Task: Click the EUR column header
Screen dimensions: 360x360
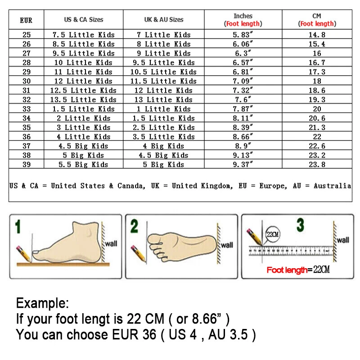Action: pyautogui.click(x=26, y=20)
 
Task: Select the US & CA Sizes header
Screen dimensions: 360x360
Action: pyautogui.click(x=83, y=20)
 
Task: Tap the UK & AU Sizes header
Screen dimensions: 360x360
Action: pyautogui.click(x=164, y=20)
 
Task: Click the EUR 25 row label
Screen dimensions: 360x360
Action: pyautogui.click(x=27, y=35)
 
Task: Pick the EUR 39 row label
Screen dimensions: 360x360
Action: pyautogui.click(x=27, y=165)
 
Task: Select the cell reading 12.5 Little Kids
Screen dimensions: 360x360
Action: pyautogui.click(x=83, y=90)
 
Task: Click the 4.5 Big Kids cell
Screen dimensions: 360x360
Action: pyautogui.click(x=83, y=146)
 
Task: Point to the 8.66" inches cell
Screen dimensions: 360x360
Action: pyautogui.click(x=243, y=137)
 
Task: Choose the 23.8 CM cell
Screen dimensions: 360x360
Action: pyautogui.click(x=317, y=165)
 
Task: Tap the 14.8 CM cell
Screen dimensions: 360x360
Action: pyautogui.click(x=317, y=35)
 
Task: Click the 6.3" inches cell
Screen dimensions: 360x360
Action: pyautogui.click(x=243, y=53)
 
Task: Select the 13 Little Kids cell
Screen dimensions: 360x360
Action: pyautogui.click(x=164, y=100)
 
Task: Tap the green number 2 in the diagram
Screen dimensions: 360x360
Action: pyautogui.click(x=134, y=226)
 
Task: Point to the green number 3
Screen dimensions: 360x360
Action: pyautogui.click(x=300, y=225)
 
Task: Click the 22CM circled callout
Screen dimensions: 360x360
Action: pyautogui.click(x=273, y=234)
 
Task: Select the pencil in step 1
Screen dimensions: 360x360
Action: pyautogui.click(x=23, y=254)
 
